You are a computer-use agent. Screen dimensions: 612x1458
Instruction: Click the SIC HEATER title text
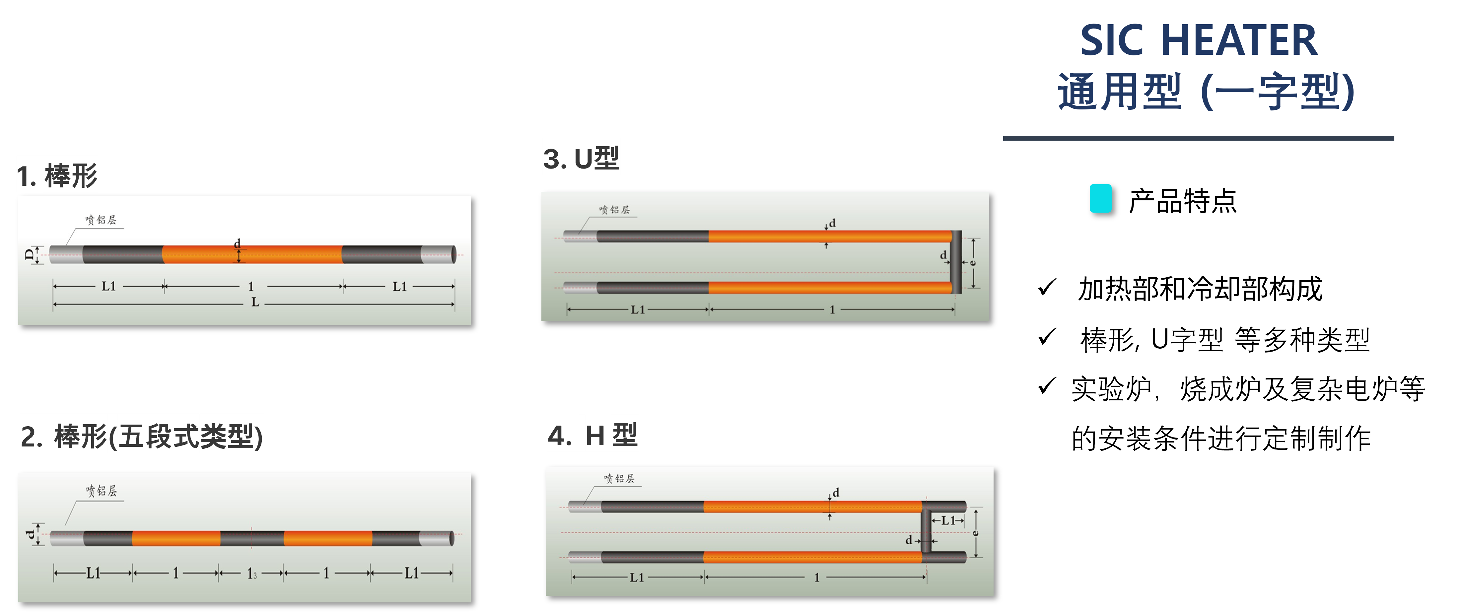(1198, 41)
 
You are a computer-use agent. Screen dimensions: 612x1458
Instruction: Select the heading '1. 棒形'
(57, 175)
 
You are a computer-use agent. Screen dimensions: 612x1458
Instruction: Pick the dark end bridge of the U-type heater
(956, 262)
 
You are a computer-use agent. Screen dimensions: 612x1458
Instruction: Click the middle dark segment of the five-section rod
(252, 538)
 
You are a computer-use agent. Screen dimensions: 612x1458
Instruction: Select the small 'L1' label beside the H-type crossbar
(948, 520)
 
